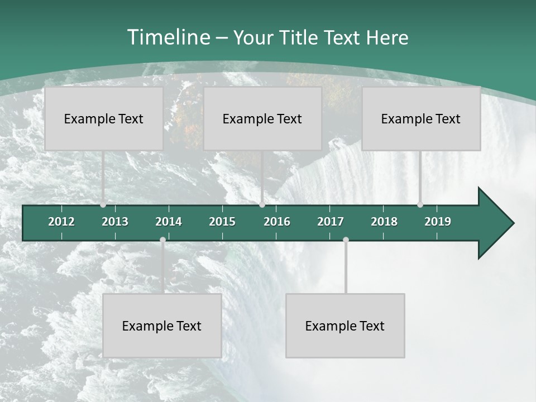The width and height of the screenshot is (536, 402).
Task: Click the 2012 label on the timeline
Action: (61, 222)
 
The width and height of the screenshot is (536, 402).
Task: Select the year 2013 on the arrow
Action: (115, 222)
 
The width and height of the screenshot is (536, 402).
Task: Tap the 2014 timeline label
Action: (169, 222)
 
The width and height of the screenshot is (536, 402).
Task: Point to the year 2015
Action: (222, 222)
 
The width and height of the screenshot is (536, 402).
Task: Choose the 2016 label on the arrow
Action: (277, 222)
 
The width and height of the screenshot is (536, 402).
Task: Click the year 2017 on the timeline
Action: (331, 222)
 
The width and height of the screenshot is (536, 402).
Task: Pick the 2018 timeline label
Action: (384, 222)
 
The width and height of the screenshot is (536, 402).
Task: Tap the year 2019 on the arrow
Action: (438, 222)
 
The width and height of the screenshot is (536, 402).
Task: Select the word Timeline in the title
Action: (168, 37)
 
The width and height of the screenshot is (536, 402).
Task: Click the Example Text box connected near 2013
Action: (104, 118)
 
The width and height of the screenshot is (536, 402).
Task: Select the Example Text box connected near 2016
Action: (262, 118)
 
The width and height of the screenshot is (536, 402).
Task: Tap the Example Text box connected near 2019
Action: (421, 118)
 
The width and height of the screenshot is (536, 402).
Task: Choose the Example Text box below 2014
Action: (162, 326)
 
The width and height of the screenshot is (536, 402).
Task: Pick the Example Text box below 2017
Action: (345, 326)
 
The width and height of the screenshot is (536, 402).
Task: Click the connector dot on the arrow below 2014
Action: (162, 240)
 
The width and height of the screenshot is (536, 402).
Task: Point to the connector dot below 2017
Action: (346, 240)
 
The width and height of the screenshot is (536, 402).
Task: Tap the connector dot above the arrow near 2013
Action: (103, 205)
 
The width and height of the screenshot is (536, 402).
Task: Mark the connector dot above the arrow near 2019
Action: (420, 205)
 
